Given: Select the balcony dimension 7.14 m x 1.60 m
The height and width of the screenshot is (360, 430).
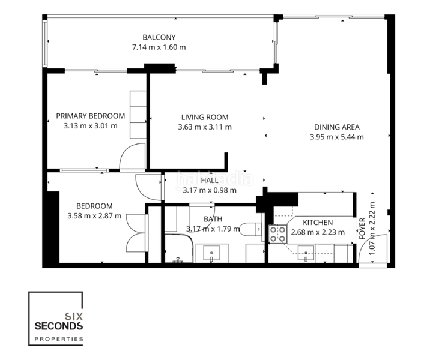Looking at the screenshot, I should (159, 47).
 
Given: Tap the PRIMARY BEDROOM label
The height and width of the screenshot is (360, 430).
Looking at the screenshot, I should (90, 116).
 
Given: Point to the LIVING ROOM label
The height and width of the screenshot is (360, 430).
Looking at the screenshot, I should (205, 117).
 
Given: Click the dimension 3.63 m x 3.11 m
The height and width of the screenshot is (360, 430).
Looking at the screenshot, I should (205, 127).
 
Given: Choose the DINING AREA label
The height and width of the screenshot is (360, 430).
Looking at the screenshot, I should (336, 127).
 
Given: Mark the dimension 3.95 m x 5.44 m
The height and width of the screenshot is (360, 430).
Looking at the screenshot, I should (336, 137).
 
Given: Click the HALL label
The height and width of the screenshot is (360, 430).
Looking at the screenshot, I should (210, 180).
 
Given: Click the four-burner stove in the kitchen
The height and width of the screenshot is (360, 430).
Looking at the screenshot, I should (277, 234).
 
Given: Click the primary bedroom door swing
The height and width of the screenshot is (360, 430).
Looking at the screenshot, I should (132, 158).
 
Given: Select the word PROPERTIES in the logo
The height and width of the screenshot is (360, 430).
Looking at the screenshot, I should (58, 339).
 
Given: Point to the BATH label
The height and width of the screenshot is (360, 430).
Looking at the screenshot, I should (213, 219).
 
